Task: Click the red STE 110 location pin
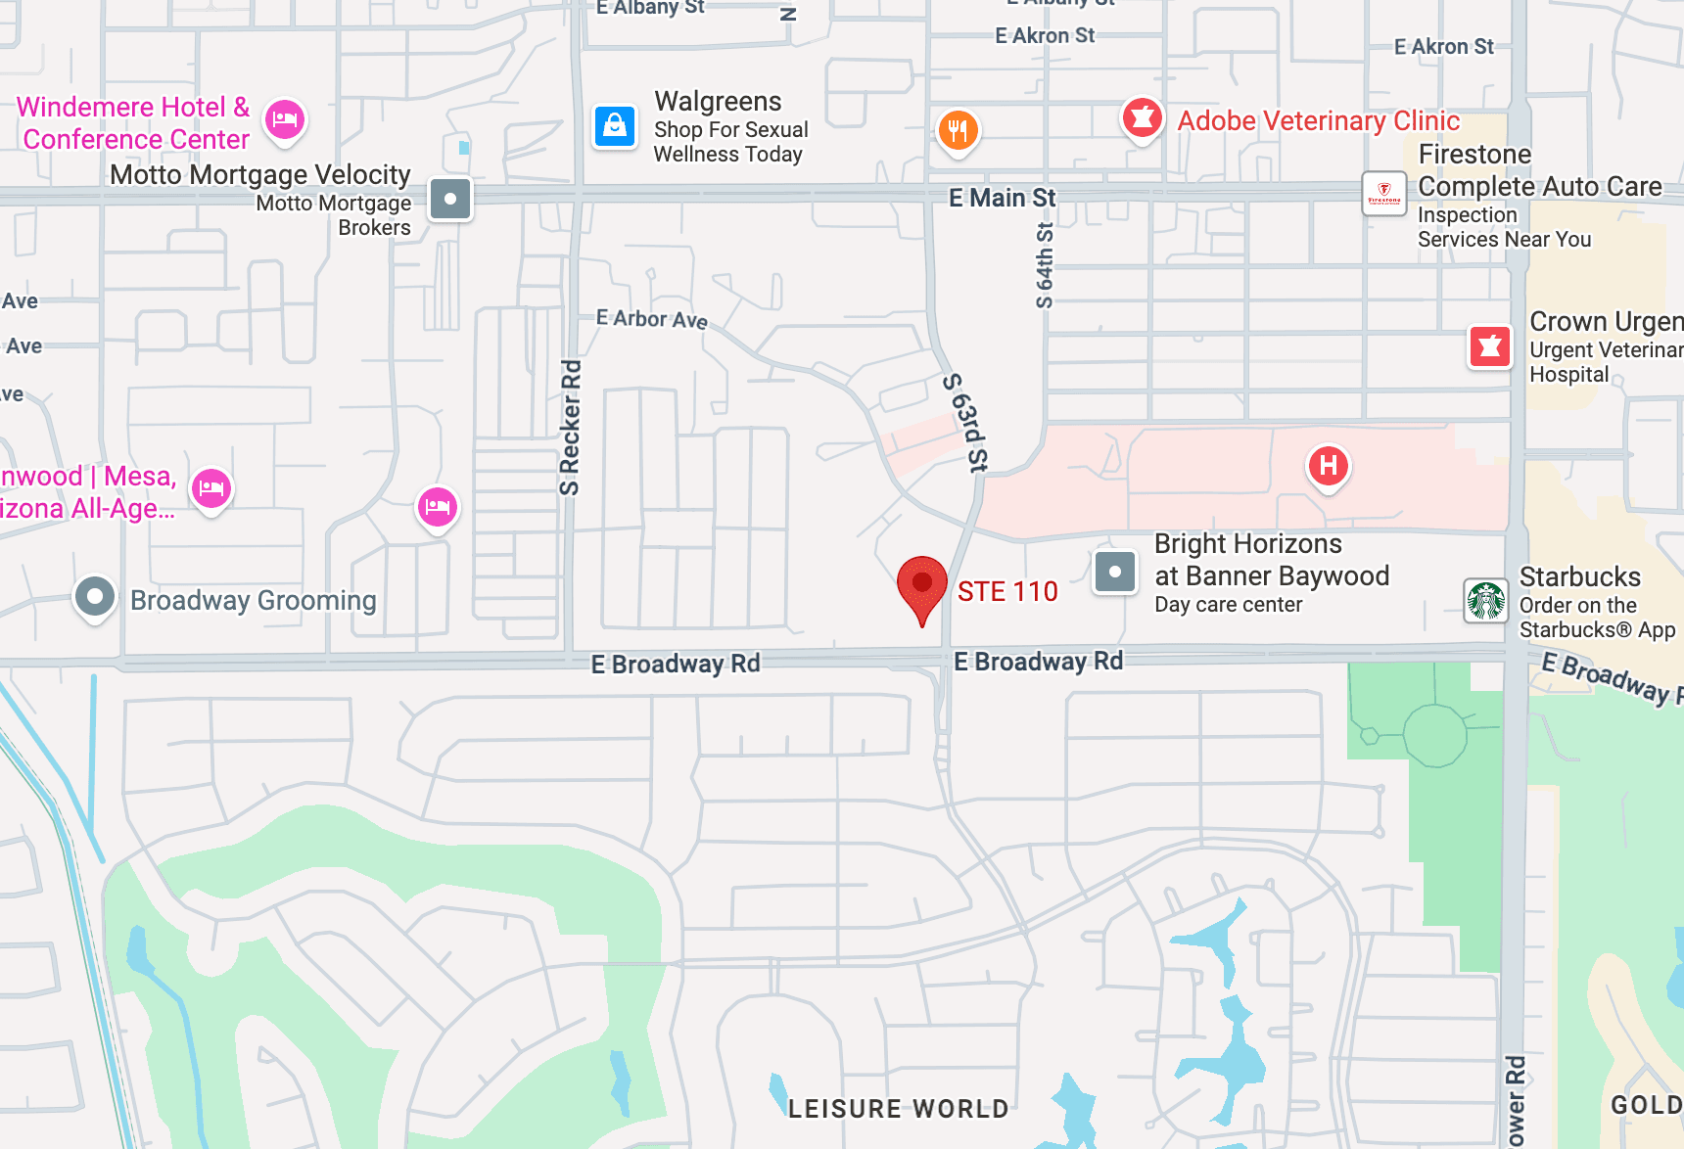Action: click(x=921, y=585)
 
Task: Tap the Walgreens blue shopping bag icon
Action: click(x=615, y=126)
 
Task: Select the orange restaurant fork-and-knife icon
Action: click(x=958, y=129)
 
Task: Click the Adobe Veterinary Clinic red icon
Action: click(x=1142, y=118)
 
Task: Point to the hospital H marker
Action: click(x=1328, y=465)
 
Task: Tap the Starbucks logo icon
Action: click(x=1485, y=600)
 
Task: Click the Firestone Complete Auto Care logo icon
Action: click(x=1383, y=193)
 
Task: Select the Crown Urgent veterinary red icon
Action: click(x=1489, y=345)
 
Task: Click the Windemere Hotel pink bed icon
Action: click(x=285, y=120)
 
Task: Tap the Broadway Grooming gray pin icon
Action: click(x=95, y=596)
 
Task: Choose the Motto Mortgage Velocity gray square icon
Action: click(x=450, y=199)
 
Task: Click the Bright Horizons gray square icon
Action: click(x=1114, y=572)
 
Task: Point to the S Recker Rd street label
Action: click(x=570, y=428)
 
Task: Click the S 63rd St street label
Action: click(x=966, y=422)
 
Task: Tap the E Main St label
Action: click(x=1002, y=198)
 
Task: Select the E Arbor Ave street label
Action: click(x=651, y=319)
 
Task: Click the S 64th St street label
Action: click(x=1045, y=264)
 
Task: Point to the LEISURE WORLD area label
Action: click(x=898, y=1108)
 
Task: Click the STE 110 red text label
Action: click(x=1006, y=591)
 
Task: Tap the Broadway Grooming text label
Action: click(x=253, y=600)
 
